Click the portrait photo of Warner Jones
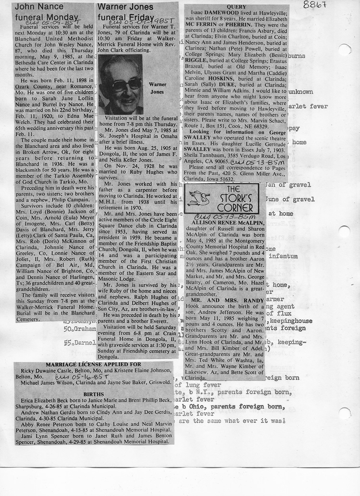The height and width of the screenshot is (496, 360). click(120, 85)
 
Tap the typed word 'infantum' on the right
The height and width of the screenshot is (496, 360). click(288, 256)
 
